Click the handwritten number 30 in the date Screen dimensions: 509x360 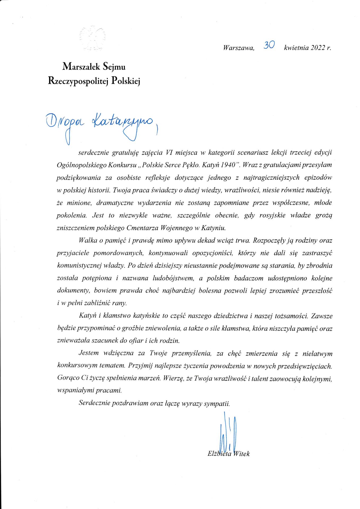point(269,45)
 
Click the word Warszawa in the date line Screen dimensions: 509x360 point(239,48)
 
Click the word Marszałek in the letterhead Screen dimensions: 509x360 point(81,67)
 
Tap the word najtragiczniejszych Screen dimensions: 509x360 point(271,178)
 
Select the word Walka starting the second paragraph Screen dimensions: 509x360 point(88,240)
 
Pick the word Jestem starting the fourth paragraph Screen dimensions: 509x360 point(89,353)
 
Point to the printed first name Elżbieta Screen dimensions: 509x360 point(219,454)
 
